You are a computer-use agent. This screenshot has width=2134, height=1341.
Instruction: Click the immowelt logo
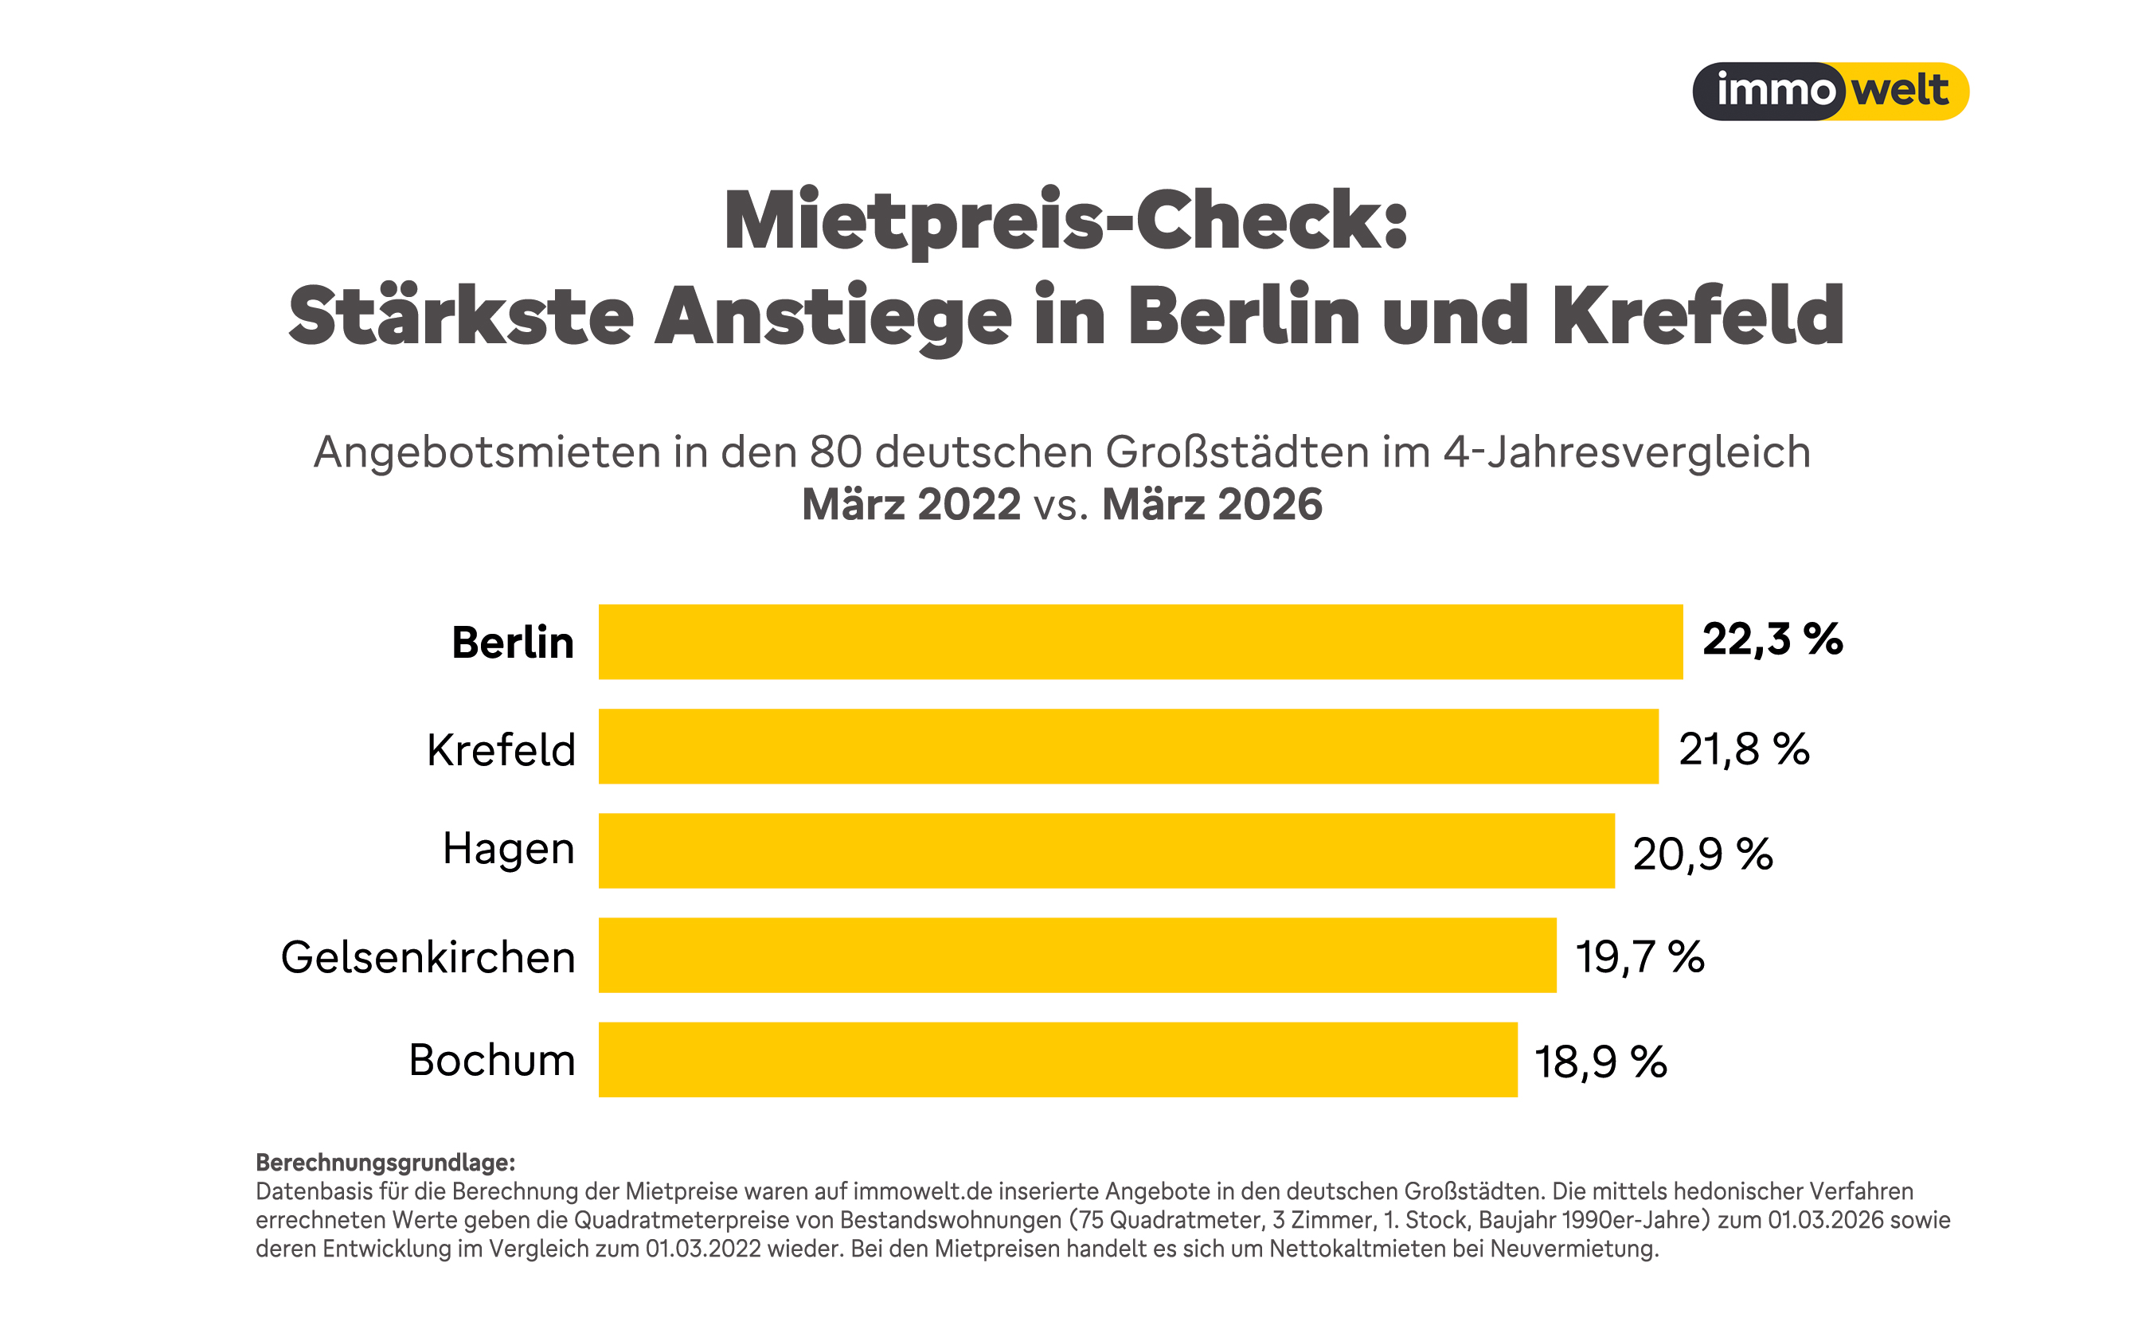1830,92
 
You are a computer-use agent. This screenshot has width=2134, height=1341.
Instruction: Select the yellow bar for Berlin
1140,642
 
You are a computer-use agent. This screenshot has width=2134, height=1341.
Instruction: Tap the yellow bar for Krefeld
1128,746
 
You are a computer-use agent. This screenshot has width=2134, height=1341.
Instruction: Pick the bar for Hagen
1106,850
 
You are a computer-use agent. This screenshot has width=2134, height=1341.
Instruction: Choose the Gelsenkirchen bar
1077,956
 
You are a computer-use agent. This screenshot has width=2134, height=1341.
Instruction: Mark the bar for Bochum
1057,1060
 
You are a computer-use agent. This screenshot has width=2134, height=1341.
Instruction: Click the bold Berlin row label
512,643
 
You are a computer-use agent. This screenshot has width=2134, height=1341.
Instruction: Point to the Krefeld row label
501,750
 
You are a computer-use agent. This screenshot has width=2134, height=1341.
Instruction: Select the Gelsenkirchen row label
428,957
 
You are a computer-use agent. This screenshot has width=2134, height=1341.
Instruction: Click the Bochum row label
492,1060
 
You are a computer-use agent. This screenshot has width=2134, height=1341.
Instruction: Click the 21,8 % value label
1743,749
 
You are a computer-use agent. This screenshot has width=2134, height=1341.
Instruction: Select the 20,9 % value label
1702,854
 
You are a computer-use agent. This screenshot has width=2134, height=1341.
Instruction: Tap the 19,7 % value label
1640,957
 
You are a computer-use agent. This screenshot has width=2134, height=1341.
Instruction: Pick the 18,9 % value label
1600,1061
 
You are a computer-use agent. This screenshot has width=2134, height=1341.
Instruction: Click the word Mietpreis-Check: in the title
1066,220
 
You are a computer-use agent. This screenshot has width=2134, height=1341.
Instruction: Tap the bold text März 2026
1211,504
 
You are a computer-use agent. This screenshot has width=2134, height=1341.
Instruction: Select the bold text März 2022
911,504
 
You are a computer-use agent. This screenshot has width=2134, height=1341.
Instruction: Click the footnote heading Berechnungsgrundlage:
385,1162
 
